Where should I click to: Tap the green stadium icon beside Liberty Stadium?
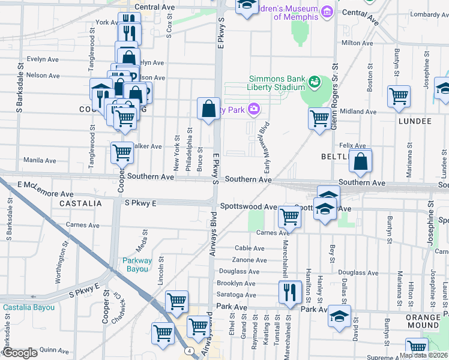(x=313, y=81)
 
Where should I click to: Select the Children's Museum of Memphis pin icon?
(x=327, y=11)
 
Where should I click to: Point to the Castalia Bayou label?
(x=29, y=307)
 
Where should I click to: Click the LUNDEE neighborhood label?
(x=414, y=121)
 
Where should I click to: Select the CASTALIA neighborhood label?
(x=80, y=204)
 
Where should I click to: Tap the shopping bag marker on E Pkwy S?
(x=208, y=109)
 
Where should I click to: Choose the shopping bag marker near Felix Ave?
(x=360, y=161)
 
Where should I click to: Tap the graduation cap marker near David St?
(x=340, y=316)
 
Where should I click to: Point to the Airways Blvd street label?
(x=212, y=234)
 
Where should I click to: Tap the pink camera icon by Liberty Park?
(x=255, y=109)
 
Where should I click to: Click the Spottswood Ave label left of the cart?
(x=248, y=206)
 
